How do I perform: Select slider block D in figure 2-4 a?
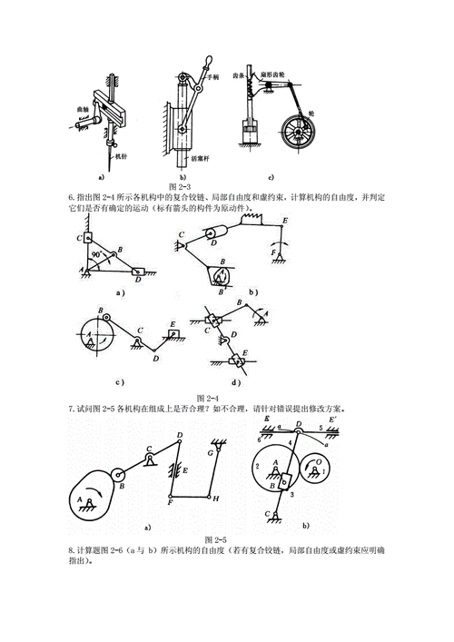(x=137, y=270)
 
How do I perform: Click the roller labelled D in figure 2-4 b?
(x=214, y=238)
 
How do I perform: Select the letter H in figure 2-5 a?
(x=215, y=499)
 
